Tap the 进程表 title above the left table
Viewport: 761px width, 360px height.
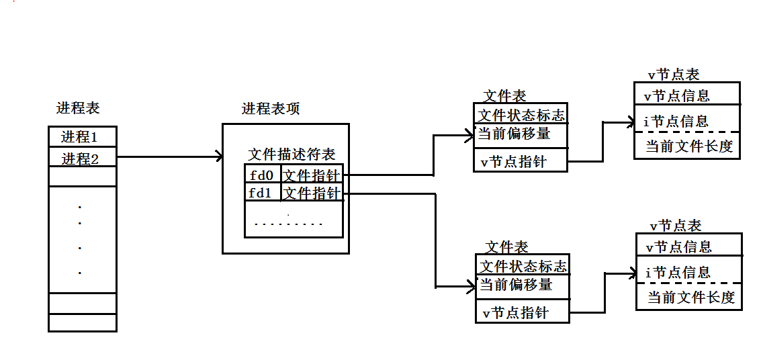coord(78,108)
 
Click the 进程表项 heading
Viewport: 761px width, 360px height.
coord(271,109)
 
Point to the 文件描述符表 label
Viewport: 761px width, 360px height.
coord(292,154)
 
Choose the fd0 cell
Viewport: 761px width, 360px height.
coord(263,175)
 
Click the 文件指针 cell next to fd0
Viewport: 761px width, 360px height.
coord(312,175)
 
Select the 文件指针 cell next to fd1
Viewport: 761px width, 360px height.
coord(312,193)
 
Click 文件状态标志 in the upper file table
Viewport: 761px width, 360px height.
coord(521,115)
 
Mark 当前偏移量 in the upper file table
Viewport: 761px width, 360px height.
coord(514,134)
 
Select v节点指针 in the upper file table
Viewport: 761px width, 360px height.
coord(514,162)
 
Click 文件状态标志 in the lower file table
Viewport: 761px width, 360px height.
coord(523,266)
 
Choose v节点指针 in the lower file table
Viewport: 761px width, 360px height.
coord(516,313)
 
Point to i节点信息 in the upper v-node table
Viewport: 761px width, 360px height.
coord(676,122)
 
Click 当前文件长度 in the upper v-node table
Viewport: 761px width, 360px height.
coord(688,146)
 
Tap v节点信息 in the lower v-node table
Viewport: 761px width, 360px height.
coord(678,246)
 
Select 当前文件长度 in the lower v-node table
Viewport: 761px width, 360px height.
coord(690,298)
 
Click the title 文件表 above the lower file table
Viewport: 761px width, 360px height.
coord(506,247)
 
